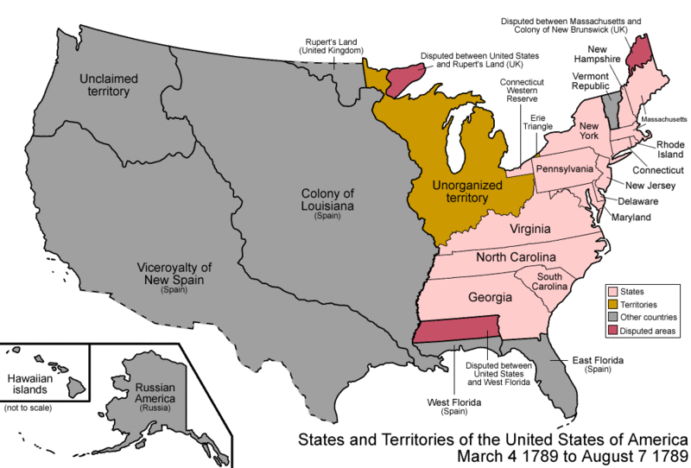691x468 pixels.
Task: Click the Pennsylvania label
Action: point(565,168)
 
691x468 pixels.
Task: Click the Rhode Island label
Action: point(670,150)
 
